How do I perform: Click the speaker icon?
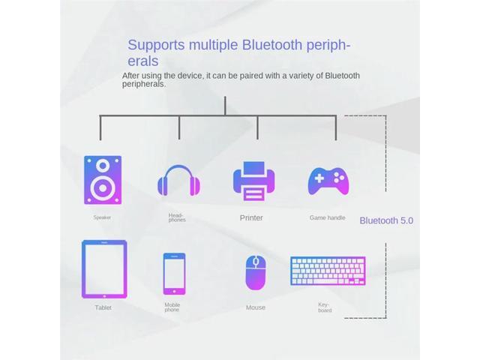(103, 181)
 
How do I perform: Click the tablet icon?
(104, 268)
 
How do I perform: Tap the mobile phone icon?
(174, 273)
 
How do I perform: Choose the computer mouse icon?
(255, 273)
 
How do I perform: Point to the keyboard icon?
(328, 271)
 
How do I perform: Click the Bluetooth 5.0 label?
(386, 220)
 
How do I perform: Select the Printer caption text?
(251, 218)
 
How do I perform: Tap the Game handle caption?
(327, 217)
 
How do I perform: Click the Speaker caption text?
(102, 217)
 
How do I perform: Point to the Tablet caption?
(103, 307)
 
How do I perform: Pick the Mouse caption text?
(255, 307)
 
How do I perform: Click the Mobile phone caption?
(172, 307)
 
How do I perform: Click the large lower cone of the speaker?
(103, 188)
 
